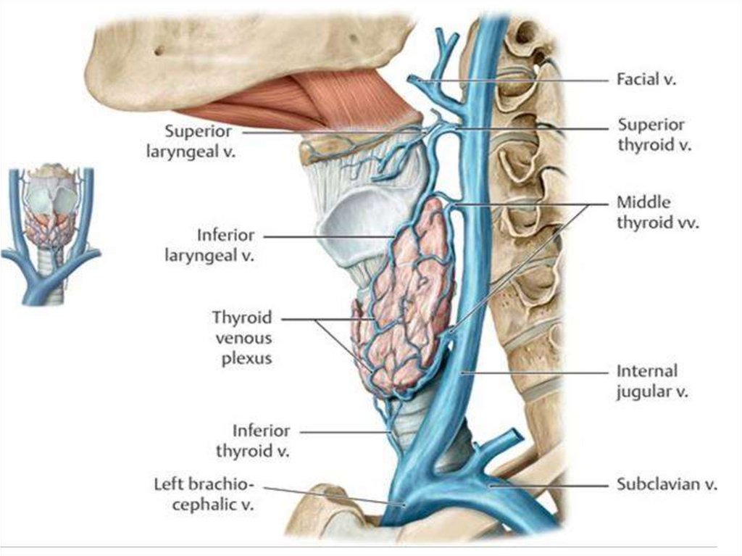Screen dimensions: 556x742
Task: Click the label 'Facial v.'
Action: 646,80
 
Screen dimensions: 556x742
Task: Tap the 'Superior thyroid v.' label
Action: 650,135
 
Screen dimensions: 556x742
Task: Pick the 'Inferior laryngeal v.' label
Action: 226,246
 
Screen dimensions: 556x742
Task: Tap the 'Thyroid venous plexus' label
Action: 242,338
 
